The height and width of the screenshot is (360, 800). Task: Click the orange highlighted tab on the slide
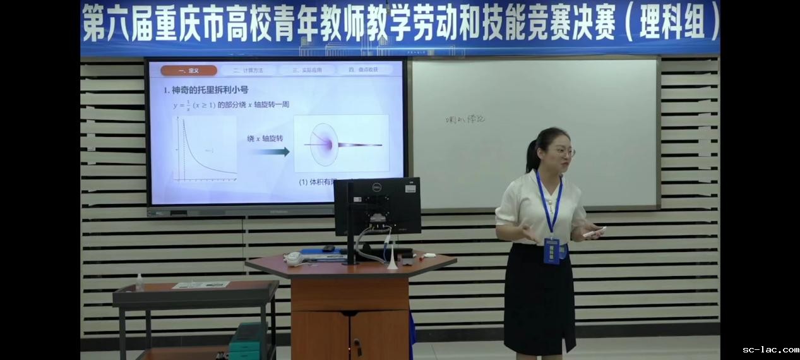(188, 71)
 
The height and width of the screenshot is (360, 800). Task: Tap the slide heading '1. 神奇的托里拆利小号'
(206, 90)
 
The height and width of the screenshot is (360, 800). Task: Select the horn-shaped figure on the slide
(341, 145)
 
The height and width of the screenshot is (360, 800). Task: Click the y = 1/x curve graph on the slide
(205, 149)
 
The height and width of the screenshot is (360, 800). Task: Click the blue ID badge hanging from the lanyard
(552, 251)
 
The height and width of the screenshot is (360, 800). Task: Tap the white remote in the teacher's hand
(594, 232)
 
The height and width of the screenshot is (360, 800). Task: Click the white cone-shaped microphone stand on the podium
(392, 260)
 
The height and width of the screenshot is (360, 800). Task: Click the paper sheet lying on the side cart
(201, 285)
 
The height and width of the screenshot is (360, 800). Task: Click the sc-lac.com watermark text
(770, 349)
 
